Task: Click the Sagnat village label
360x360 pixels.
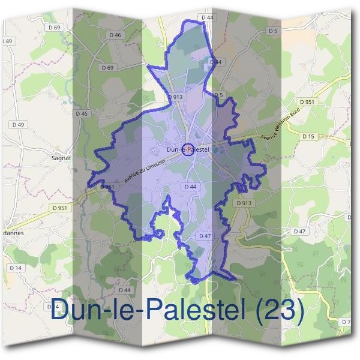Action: pos(62,159)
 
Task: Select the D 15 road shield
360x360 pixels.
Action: pos(308,137)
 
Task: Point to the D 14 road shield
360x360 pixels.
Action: pos(15,267)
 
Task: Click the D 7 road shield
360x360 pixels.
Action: pos(346,322)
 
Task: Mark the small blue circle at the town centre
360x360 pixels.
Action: pos(187,149)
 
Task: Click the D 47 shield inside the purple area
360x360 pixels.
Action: pos(204,236)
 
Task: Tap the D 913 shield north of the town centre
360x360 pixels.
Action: pos(176,97)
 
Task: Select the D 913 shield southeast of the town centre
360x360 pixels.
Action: pos(244,203)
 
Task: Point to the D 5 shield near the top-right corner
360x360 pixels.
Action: pos(273,30)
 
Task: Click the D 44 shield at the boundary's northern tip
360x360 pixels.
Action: pos(208,18)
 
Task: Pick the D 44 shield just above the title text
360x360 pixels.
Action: pos(125,290)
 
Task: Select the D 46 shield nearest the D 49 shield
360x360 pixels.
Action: pos(82,113)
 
